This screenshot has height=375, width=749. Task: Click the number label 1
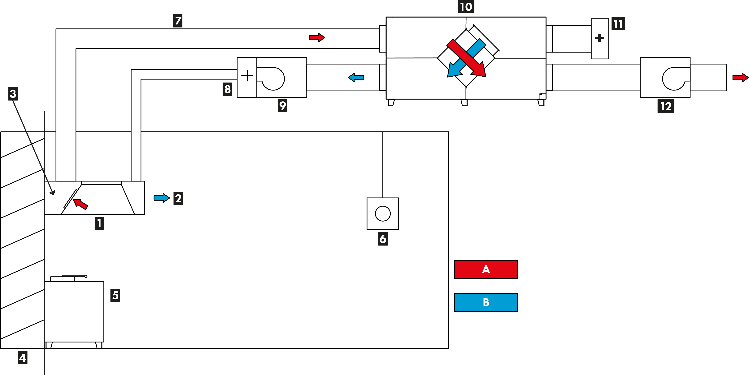pyautogui.click(x=99, y=223)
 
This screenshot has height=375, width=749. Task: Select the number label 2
pyautogui.click(x=178, y=198)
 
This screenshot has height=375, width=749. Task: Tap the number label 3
pyautogui.click(x=13, y=94)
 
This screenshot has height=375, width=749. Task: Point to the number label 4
pyautogui.click(x=23, y=358)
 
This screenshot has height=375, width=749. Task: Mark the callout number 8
pyautogui.click(x=227, y=89)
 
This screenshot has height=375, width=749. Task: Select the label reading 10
pyautogui.click(x=466, y=7)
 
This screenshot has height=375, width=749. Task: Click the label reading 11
pyautogui.click(x=618, y=24)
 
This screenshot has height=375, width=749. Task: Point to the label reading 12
pyautogui.click(x=666, y=106)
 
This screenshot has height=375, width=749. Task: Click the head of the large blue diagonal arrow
pyautogui.click(x=453, y=71)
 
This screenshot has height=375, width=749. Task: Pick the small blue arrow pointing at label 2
pyautogui.click(x=162, y=198)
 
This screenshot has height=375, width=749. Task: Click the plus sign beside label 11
pyautogui.click(x=599, y=38)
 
